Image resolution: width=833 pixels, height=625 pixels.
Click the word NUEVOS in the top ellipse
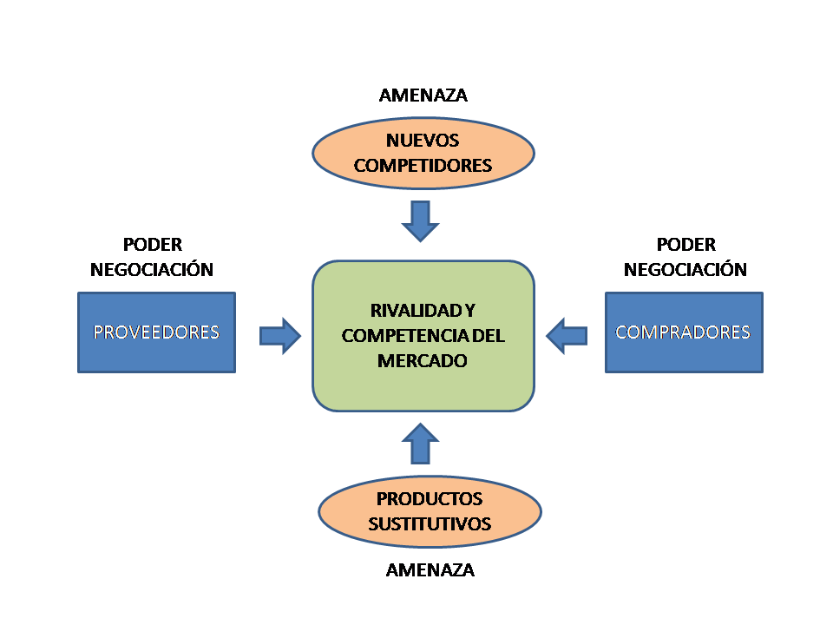point(423,141)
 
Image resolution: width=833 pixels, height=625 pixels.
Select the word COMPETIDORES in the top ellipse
point(423,165)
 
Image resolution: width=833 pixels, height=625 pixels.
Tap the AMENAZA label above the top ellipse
point(423,95)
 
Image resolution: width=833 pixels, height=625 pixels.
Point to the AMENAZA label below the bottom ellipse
point(430,570)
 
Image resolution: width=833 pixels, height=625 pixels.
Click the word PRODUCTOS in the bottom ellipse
point(430,499)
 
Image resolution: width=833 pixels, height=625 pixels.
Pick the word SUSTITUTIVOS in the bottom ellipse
point(430,523)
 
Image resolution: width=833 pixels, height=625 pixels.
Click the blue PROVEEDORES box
point(156,332)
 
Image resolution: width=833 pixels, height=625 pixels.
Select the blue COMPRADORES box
point(683,332)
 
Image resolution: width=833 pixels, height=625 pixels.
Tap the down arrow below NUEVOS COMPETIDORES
point(421,220)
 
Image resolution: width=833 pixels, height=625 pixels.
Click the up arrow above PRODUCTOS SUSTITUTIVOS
point(423,443)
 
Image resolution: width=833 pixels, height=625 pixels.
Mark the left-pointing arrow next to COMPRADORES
point(567,335)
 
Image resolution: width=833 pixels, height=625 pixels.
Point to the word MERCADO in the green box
point(423,359)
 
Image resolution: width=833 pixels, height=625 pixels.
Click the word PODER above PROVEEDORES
point(153,246)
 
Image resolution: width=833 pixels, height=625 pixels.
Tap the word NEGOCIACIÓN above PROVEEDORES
point(153,269)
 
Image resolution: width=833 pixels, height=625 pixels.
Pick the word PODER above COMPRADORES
point(685,246)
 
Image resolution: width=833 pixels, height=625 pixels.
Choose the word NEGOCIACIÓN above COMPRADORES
point(685,269)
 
